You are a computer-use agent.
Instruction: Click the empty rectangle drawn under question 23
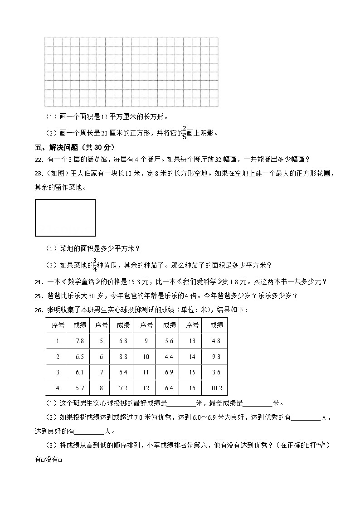pyautogui.click(x=65, y=218)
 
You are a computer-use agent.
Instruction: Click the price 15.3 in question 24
pyautogui.click(x=124, y=282)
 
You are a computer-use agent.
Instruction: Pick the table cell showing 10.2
pyautogui.click(x=216, y=388)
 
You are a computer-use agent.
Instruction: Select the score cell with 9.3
pyautogui.click(x=216, y=357)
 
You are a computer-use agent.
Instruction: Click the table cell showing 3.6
pyautogui.click(x=216, y=372)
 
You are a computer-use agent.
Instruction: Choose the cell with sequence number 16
pyautogui.click(x=192, y=388)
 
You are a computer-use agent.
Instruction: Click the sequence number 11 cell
pyautogui.click(x=146, y=372)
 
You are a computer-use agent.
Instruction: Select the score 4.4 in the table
pyautogui.click(x=169, y=357)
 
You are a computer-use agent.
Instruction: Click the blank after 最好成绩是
pyautogui.click(x=181, y=403)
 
